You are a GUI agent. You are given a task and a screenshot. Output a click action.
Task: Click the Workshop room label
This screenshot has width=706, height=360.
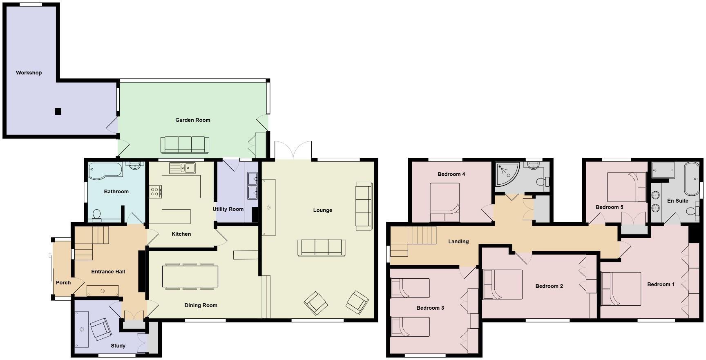(x=29, y=73)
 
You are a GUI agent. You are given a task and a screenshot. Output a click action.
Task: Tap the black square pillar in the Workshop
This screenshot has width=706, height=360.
(x=58, y=111)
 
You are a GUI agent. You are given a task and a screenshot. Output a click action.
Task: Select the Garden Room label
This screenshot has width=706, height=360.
(x=193, y=120)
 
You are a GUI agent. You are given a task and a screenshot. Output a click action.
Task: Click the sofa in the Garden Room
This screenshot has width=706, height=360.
(x=185, y=145)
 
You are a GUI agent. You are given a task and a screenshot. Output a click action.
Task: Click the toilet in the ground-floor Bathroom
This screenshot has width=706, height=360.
(x=97, y=215)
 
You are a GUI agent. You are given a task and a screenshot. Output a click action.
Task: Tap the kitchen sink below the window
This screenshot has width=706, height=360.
(x=182, y=168)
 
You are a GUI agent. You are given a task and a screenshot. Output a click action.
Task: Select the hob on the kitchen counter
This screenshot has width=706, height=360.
(x=155, y=192)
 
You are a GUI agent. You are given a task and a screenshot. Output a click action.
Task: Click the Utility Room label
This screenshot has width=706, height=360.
(x=228, y=209)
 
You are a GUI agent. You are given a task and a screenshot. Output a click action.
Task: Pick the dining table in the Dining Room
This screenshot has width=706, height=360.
(x=190, y=277)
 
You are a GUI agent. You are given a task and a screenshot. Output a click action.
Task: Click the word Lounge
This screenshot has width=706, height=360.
(x=323, y=210)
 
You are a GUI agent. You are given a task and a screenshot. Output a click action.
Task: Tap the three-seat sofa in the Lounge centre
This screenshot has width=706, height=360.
(x=322, y=248)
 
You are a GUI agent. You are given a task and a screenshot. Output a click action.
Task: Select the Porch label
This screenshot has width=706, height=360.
(x=63, y=283)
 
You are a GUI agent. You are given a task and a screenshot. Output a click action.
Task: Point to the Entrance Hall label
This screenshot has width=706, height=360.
(x=108, y=272)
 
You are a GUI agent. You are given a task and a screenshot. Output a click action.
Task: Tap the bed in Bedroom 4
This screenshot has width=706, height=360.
(x=445, y=202)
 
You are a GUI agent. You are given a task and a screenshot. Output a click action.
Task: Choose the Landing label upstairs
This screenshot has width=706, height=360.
(x=458, y=241)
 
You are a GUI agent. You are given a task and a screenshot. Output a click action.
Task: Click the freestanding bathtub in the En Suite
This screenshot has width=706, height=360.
(x=691, y=179)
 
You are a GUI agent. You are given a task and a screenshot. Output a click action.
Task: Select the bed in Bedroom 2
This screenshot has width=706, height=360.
(x=503, y=284)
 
